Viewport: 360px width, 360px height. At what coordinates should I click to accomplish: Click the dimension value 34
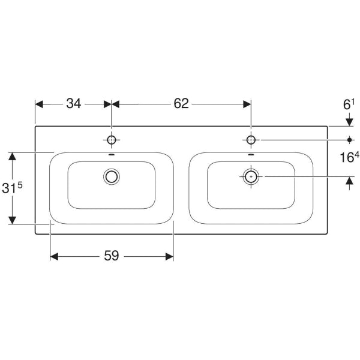coord(74,104)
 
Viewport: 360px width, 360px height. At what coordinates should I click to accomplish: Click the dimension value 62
coord(181,104)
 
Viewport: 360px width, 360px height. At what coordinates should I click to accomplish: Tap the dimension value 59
coord(112,256)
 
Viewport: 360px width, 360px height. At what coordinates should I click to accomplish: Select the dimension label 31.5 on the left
coord(13,187)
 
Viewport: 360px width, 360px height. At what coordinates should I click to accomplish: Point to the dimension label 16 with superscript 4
coord(349,157)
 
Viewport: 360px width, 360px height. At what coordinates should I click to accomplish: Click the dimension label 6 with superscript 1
coord(349,104)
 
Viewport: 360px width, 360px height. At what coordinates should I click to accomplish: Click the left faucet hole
coord(112,140)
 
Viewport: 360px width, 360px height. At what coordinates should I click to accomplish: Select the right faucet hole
coord(251,140)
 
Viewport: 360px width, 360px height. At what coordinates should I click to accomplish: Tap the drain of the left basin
coord(112,176)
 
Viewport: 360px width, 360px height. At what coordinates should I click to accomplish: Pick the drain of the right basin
coord(251,176)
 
